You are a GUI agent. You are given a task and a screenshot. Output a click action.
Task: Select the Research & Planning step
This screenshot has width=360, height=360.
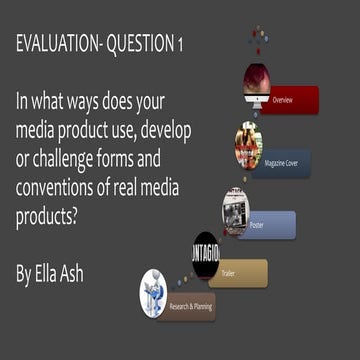[190, 306]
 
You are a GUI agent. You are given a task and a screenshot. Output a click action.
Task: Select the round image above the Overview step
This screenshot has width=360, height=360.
[257, 83]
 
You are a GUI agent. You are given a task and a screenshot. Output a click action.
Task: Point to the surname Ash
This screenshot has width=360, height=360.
[102, 272]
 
